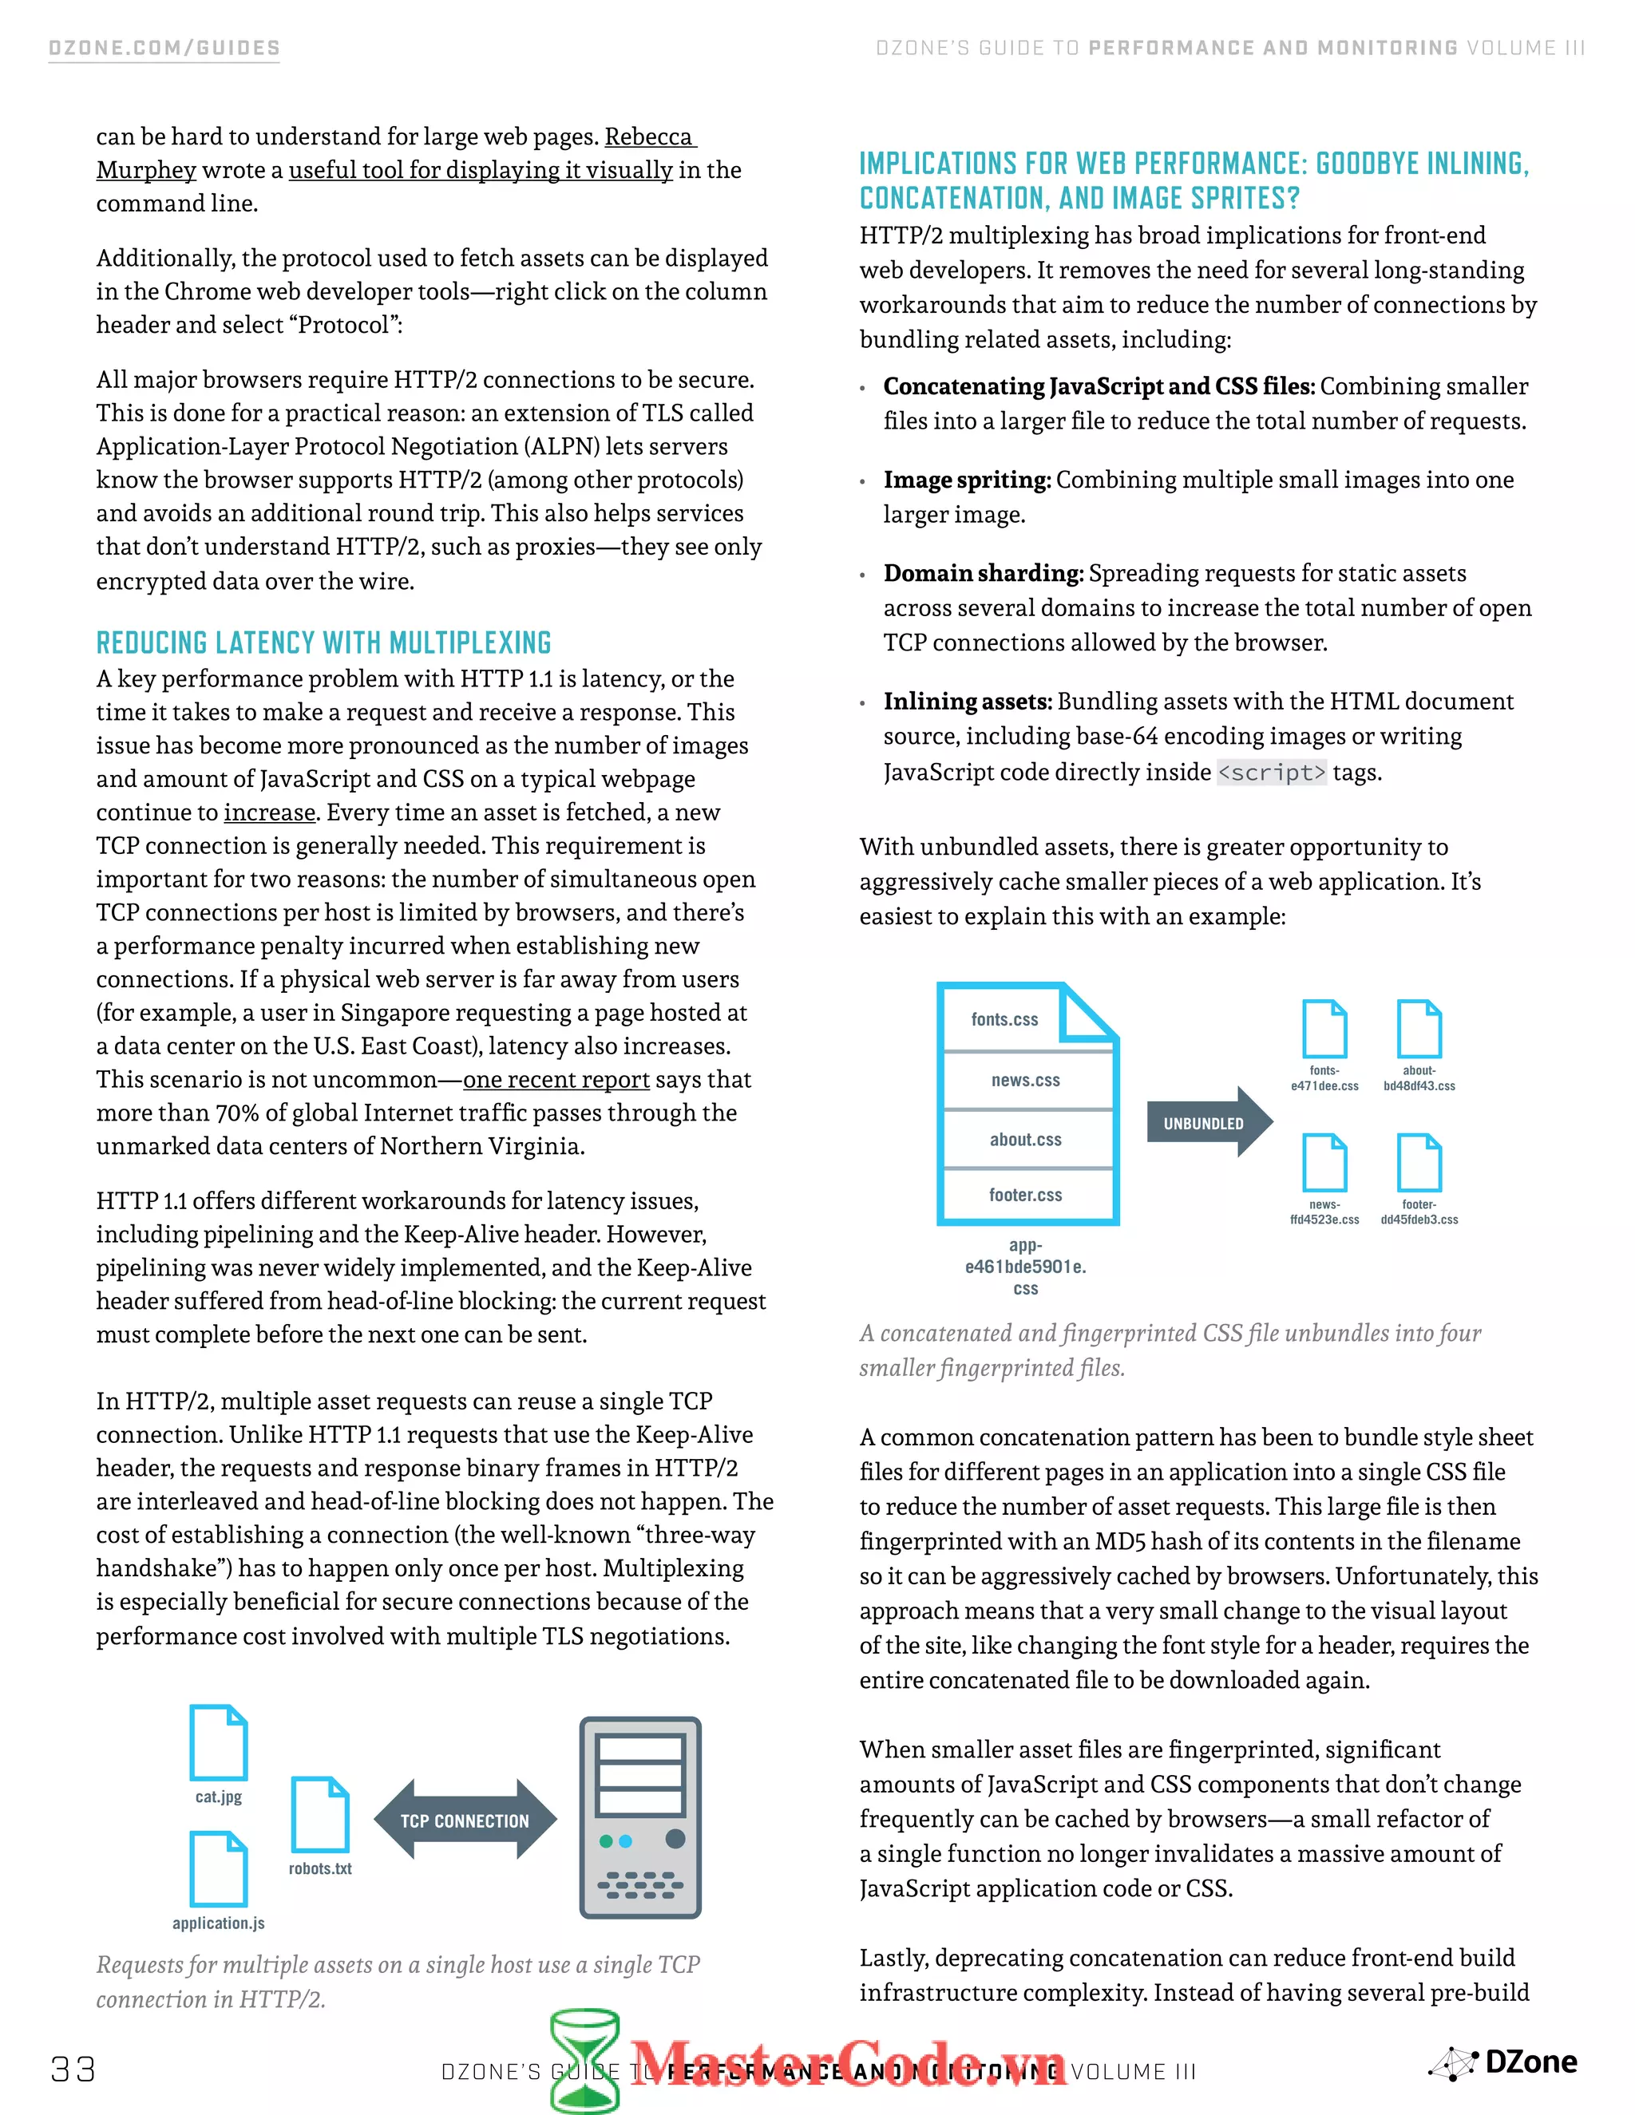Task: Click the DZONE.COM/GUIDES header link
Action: coord(164,49)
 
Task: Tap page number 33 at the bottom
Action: coord(73,2070)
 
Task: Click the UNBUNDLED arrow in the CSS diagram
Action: coord(1207,1122)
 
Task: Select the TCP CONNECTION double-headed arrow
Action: coord(465,1820)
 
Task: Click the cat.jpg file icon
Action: coord(219,1743)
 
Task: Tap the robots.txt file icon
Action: coord(319,1815)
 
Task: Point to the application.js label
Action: coord(218,1923)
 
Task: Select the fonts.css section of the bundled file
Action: coord(1005,1018)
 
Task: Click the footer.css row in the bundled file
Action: coord(1026,1195)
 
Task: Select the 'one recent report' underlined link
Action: coord(556,1079)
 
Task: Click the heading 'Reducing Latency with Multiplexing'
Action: coord(323,643)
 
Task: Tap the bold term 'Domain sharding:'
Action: coord(983,573)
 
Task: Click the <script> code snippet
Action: coord(1271,772)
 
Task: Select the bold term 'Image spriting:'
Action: coord(967,480)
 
